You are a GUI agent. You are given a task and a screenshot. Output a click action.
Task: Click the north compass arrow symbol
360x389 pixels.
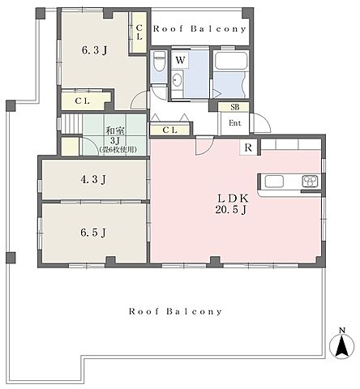(341, 346)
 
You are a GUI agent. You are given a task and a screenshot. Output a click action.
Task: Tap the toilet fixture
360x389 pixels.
(159, 62)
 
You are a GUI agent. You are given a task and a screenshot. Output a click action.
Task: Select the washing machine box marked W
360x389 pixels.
(180, 60)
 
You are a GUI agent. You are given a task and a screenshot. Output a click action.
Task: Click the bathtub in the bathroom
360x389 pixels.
(231, 62)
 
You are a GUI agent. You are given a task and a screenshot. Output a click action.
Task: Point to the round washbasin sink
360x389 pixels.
(177, 79)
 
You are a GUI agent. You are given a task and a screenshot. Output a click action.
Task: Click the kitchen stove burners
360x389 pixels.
(310, 181)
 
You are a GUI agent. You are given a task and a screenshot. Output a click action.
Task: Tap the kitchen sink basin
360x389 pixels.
(274, 181)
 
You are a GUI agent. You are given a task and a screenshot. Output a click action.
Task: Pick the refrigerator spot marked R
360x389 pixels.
(248, 147)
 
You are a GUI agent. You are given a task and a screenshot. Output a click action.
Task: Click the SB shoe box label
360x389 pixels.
(235, 107)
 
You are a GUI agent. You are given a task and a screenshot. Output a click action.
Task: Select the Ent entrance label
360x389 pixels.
(235, 123)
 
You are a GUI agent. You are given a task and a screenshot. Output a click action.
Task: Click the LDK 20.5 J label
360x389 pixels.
(232, 204)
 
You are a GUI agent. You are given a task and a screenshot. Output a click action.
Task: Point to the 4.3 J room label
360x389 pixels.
(93, 179)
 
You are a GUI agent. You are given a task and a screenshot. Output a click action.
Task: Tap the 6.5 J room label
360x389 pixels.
(93, 233)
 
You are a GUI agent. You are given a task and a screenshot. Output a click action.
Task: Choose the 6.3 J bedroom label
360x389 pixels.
(94, 50)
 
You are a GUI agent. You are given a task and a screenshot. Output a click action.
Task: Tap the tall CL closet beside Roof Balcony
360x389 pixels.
(139, 32)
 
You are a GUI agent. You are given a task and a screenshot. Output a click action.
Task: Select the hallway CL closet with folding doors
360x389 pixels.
(169, 130)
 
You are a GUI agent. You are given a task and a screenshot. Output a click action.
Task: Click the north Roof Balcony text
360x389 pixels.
(199, 29)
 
